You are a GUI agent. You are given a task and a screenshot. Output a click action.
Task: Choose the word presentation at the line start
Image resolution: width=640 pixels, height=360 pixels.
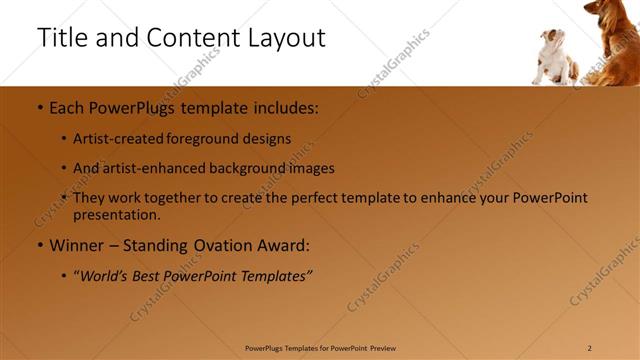tap(116, 215)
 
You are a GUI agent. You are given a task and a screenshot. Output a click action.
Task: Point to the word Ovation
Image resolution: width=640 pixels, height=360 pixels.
tap(226, 245)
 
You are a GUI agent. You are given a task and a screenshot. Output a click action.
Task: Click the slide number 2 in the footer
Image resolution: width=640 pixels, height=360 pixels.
tap(589, 348)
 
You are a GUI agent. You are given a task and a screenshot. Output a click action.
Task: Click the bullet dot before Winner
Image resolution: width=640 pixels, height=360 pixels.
tap(39, 245)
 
